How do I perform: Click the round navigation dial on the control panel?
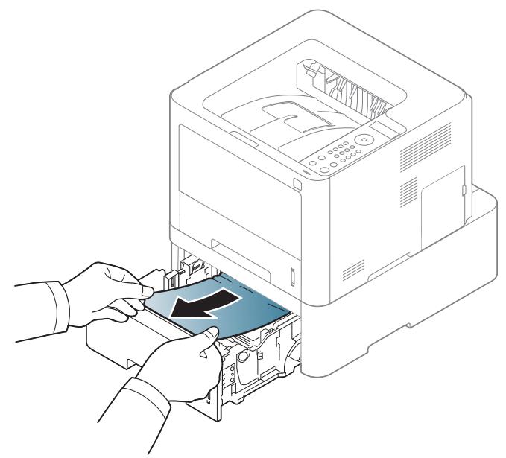(364, 139)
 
